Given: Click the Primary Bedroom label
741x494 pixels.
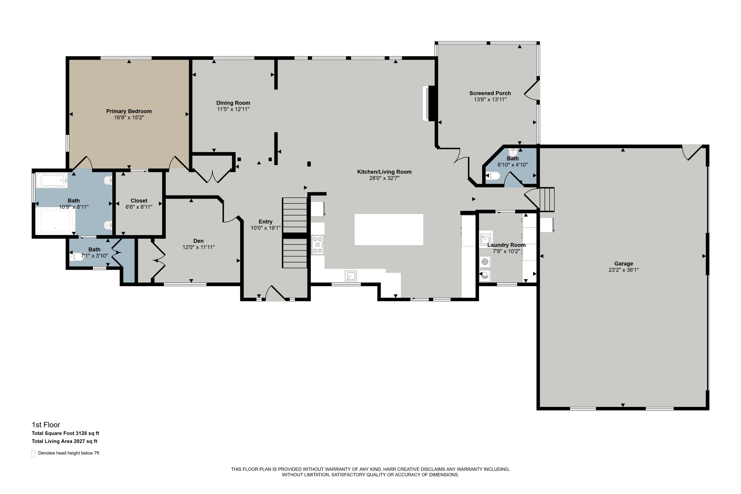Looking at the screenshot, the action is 129,111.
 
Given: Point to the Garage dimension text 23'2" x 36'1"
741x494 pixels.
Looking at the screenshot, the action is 623,270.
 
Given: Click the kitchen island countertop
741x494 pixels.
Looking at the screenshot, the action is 389,229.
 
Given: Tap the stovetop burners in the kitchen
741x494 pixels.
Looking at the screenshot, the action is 318,245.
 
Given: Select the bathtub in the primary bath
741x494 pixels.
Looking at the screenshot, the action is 52,180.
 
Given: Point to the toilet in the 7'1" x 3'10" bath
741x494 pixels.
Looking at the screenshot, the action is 77,256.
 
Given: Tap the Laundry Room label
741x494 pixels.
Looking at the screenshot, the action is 506,245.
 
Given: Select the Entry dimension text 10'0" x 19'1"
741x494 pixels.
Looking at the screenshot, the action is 266,228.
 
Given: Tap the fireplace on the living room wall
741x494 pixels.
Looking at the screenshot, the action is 429,103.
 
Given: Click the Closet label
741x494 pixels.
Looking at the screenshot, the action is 139,201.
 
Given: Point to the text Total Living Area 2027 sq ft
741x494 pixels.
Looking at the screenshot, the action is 64,441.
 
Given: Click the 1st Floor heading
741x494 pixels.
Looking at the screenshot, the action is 46,425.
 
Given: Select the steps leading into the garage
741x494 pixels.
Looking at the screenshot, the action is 547,199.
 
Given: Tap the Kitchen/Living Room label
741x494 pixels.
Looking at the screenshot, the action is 384,172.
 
